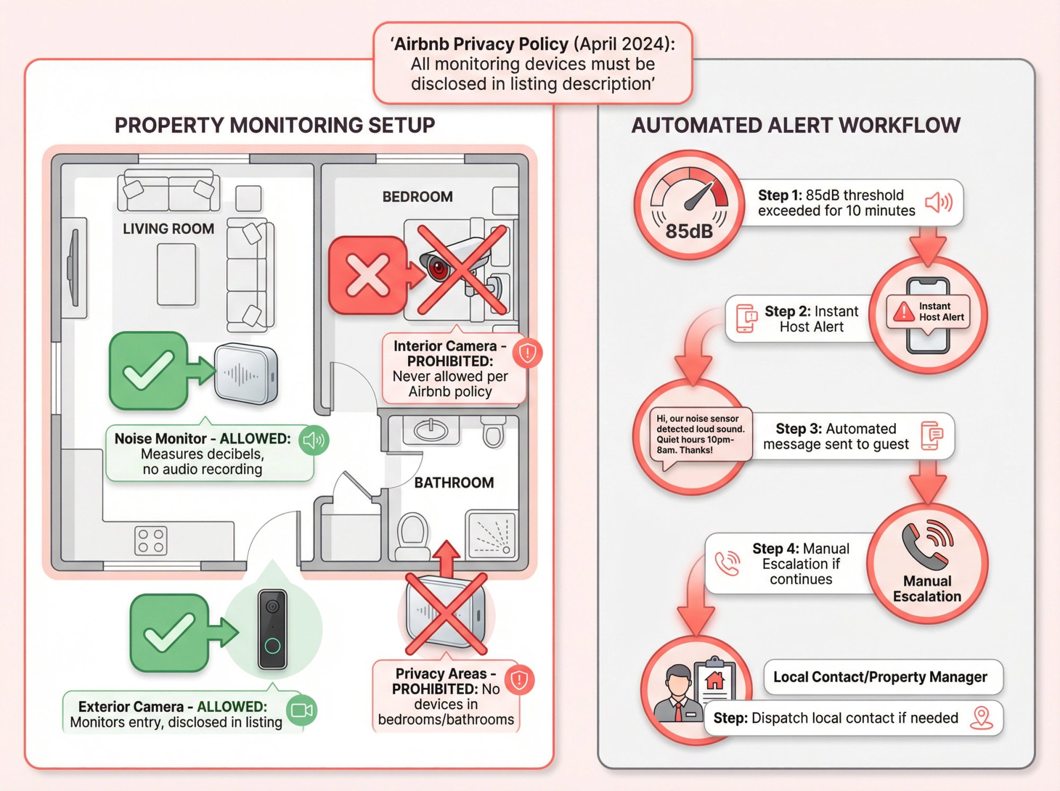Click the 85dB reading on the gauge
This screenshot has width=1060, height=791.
tap(689, 231)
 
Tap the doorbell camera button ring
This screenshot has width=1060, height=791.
tap(272, 645)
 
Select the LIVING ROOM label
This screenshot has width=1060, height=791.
tap(169, 229)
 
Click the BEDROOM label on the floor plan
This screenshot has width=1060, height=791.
tap(418, 197)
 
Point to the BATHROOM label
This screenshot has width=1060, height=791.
tap(454, 483)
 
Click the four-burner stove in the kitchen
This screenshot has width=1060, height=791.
tap(151, 540)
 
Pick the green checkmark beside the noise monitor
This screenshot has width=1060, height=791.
tap(148, 370)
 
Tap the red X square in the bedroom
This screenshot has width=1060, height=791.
tap(367, 274)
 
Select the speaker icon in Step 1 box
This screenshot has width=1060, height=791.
tap(938, 202)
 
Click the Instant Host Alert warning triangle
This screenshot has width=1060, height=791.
tap(904, 312)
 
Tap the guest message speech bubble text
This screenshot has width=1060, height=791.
tap(700, 434)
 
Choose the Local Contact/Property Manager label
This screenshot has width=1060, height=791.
tap(880, 677)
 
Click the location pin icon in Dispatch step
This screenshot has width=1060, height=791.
tap(981, 717)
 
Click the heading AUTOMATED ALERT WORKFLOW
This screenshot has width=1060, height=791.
tap(796, 126)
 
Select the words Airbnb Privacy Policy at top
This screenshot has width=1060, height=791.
tap(481, 44)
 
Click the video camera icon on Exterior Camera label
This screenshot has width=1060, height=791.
tap(302, 710)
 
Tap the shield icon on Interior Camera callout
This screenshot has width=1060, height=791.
tap(527, 353)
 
